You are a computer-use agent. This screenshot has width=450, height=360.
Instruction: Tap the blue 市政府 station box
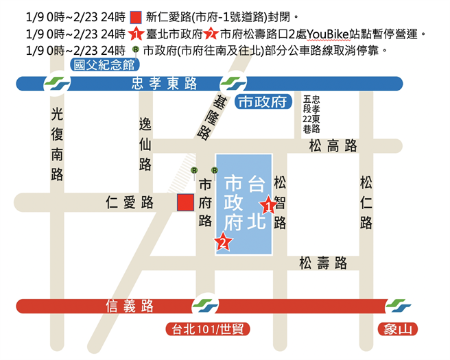tap(261, 103)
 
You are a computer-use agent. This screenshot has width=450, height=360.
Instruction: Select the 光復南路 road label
tap(58, 145)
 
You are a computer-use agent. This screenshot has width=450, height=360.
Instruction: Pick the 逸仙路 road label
tap(145, 143)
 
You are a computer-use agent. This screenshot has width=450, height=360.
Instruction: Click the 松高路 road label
tap(333, 145)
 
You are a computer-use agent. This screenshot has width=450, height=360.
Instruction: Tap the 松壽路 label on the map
tap(322, 263)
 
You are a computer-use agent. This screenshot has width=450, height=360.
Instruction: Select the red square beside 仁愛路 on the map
tap(185, 202)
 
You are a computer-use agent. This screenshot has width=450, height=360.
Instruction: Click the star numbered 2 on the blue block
tap(222, 241)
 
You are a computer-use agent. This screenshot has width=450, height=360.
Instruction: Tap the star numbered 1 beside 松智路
tap(268, 204)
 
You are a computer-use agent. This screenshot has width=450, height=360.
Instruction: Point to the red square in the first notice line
tap(135, 16)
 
